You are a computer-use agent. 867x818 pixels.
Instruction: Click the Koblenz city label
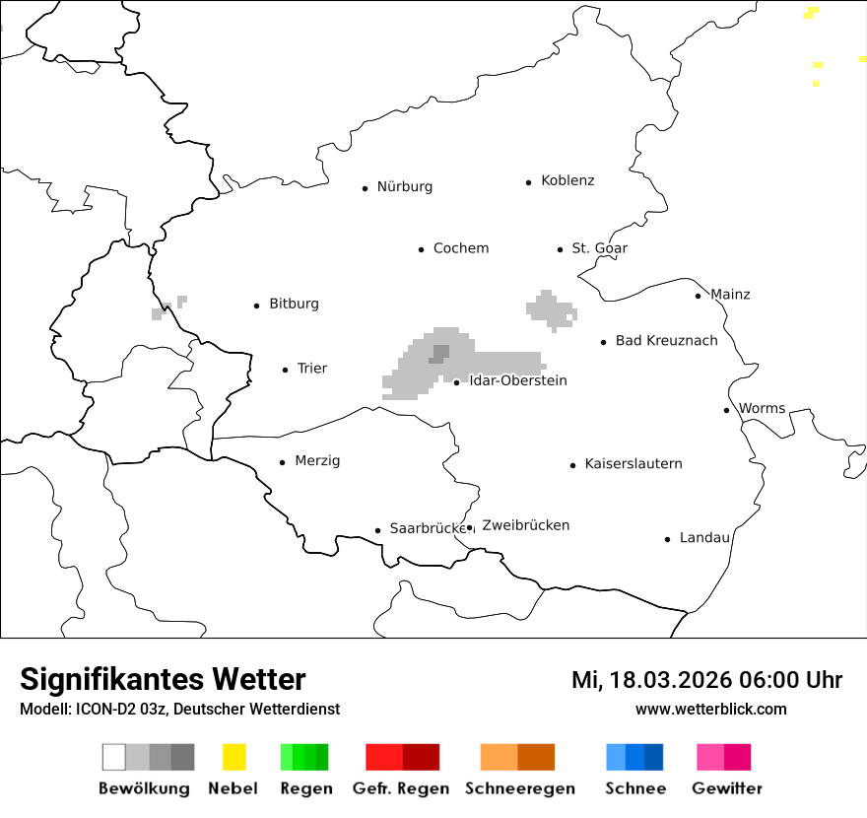[567, 181]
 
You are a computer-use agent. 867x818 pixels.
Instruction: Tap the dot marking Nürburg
[365, 188]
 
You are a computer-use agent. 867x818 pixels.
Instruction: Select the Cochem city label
[460, 248]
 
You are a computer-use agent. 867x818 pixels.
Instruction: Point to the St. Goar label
[599, 248]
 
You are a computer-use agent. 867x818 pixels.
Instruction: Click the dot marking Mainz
[699, 296]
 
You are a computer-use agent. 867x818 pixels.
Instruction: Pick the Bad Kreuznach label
[666, 341]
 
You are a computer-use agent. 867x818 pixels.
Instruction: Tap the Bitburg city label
[294, 305]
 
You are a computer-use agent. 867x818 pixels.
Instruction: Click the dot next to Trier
[286, 371]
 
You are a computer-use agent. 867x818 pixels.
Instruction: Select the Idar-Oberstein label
[518, 381]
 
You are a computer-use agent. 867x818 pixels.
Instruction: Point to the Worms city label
[762, 409]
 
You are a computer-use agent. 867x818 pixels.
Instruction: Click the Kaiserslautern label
[633, 464]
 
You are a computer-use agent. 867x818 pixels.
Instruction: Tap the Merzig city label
[317, 461]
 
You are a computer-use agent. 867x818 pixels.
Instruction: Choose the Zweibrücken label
[525, 526]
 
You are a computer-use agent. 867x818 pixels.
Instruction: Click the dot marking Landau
[668, 539]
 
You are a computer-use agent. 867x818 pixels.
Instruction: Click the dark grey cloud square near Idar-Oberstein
[440, 352]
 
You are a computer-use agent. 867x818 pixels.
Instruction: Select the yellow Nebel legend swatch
[233, 757]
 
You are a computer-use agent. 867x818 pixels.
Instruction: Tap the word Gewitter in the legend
[726, 788]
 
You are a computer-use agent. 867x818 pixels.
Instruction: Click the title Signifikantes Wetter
[163, 680]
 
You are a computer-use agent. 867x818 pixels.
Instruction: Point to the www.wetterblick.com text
[710, 710]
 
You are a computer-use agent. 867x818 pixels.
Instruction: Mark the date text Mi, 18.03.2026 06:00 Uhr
[706, 680]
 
